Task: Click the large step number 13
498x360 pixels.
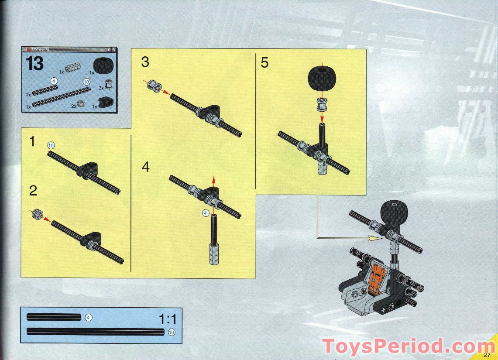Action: point(35,64)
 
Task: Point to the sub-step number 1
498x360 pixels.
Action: point(32,142)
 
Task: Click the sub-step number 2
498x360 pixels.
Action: point(33,191)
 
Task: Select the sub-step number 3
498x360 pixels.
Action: point(145,62)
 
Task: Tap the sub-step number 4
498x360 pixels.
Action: point(145,167)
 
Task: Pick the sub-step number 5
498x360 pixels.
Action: point(264,62)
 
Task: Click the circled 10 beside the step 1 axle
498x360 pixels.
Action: point(51,145)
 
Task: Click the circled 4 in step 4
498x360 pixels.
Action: point(206,213)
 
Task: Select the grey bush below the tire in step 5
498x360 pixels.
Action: point(322,105)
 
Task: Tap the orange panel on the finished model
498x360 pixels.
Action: point(374,280)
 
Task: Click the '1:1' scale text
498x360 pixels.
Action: point(168,319)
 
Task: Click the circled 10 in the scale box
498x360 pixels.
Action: point(171,332)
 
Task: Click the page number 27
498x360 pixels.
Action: point(487,354)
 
